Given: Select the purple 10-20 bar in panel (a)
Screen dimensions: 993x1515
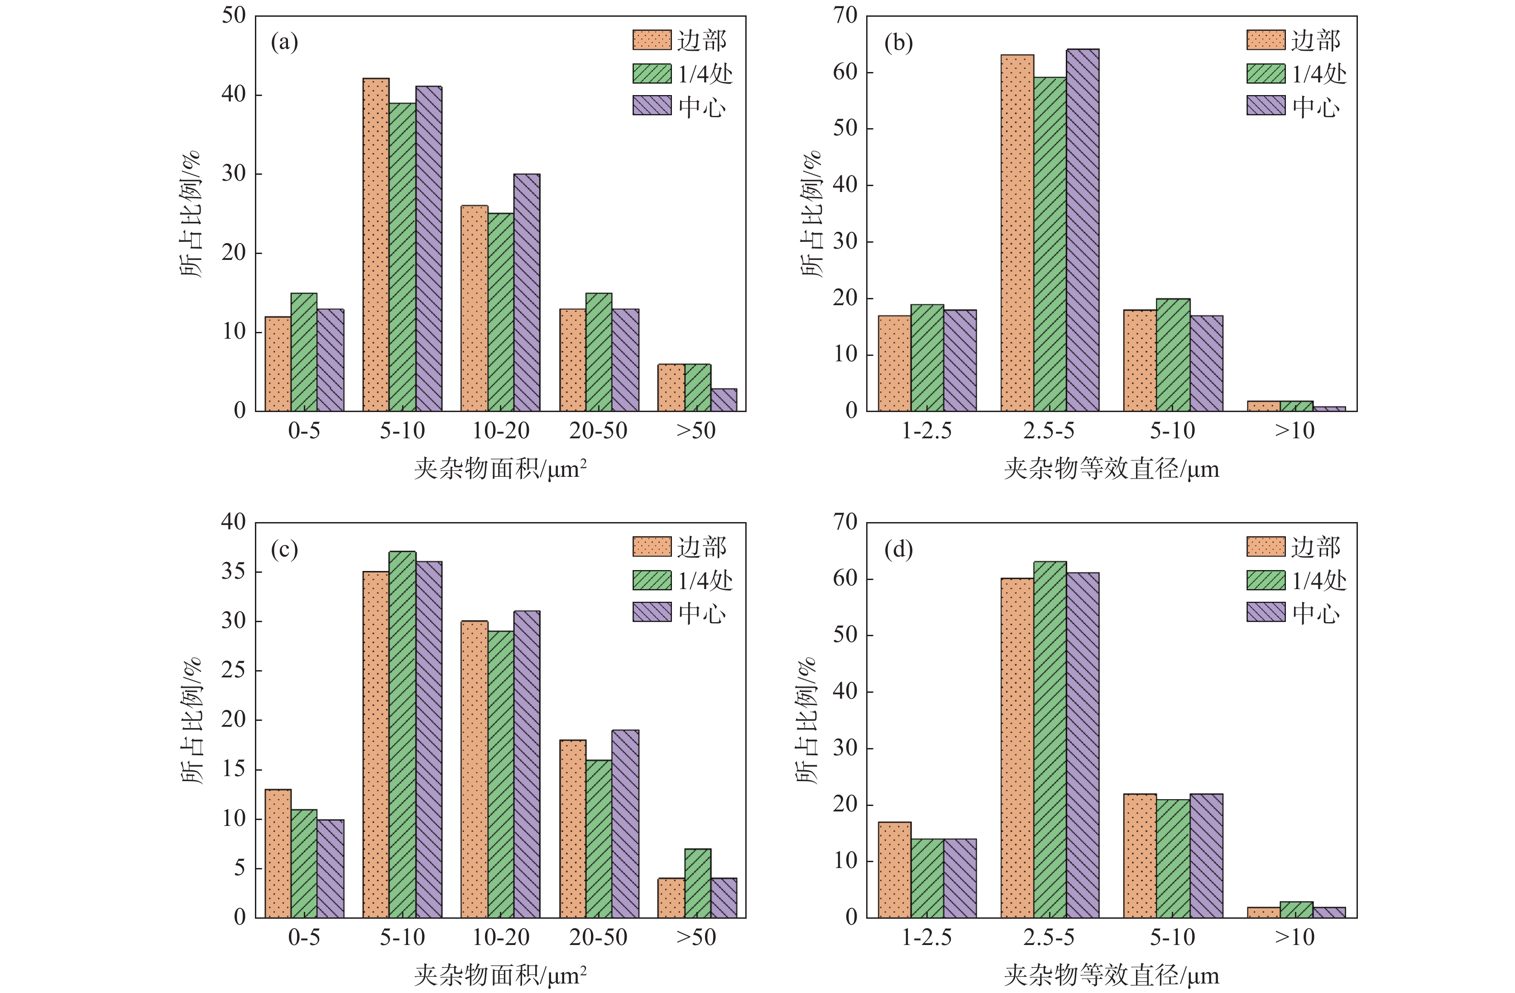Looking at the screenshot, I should click(x=527, y=293).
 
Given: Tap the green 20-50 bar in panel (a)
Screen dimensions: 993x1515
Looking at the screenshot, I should click(x=599, y=352).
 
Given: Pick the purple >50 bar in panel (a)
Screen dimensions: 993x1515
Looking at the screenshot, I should click(x=724, y=400).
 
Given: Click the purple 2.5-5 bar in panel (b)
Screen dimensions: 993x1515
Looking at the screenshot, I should click(x=1082, y=230).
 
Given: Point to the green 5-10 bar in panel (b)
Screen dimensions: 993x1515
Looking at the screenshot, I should click(x=1173, y=355).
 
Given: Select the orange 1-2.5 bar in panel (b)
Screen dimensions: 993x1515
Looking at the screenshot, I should click(x=894, y=363).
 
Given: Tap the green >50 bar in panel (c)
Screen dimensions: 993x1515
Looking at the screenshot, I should click(x=698, y=883).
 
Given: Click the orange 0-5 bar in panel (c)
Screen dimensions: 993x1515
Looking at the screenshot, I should click(x=278, y=853).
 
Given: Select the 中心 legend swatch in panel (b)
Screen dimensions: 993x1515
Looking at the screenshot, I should click(x=1266, y=106).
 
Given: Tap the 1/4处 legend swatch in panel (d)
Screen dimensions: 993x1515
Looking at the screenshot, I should click(x=1266, y=580).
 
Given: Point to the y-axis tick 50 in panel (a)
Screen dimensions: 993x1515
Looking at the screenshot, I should click(x=234, y=16).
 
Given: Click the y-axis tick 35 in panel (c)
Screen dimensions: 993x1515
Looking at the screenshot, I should click(x=233, y=571).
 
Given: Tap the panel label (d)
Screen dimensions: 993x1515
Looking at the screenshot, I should click(x=898, y=549).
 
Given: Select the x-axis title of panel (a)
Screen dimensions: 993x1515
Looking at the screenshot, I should click(x=500, y=469).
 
